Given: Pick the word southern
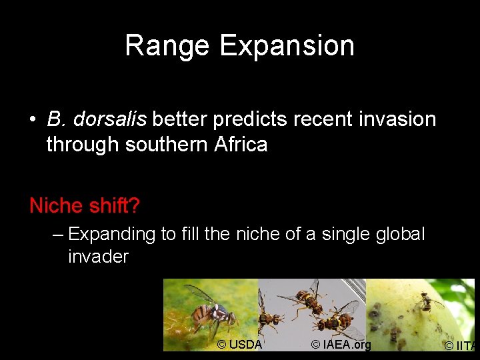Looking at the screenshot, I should pos(163,144).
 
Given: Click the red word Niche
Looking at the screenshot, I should pos(56,206).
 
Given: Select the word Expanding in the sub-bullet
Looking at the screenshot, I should pos(112,235).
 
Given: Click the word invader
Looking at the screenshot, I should pos(98,257).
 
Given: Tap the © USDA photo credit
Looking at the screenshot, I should pos(239,345).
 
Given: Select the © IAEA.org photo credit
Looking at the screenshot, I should pos(341,345).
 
